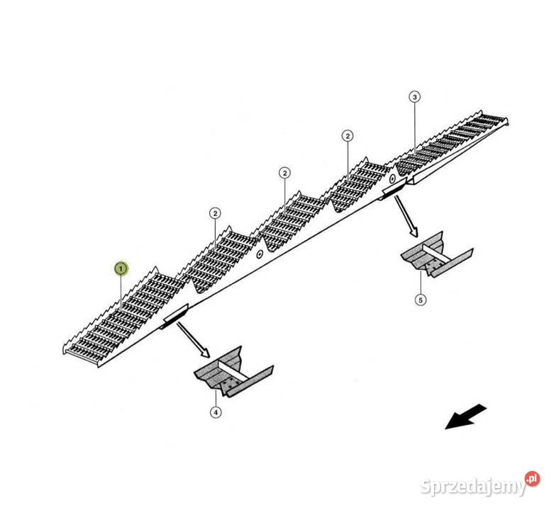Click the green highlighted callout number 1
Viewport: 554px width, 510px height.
coord(121,268)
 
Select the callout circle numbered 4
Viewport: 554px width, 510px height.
coord(216,412)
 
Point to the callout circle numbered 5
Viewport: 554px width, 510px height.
coord(421,300)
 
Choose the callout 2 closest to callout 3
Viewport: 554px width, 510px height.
coord(348,135)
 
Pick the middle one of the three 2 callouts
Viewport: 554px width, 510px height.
coord(284,173)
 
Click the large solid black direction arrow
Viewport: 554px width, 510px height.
coord(465,416)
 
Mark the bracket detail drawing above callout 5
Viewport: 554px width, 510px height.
coord(433,256)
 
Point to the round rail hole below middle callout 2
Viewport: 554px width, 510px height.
coord(260,254)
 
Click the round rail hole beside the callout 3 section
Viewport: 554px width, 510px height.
coord(392,176)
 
